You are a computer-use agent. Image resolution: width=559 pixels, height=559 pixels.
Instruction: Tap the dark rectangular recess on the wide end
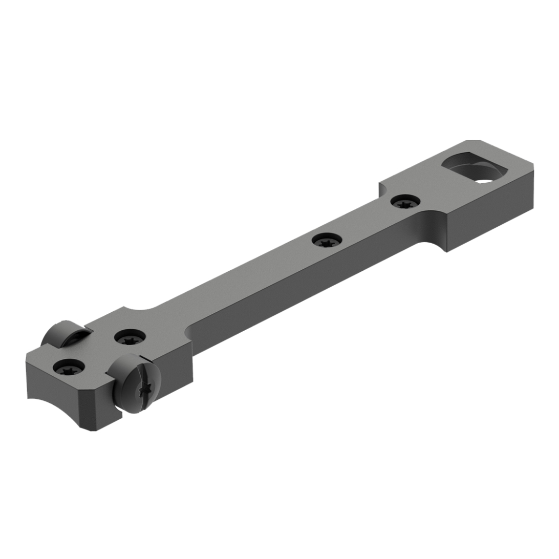tap(468, 165)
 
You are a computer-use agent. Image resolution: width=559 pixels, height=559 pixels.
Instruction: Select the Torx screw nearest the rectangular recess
tap(405, 202)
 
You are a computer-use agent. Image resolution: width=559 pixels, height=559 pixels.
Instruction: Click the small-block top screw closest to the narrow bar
tap(130, 337)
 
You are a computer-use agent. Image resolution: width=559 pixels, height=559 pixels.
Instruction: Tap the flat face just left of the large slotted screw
tap(97, 404)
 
